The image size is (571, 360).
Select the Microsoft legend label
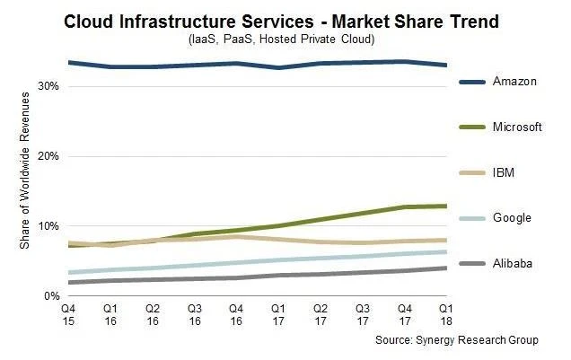click(517, 127)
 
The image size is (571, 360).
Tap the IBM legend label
click(505, 172)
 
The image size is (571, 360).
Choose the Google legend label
click(512, 218)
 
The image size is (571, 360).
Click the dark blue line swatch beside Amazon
click(472, 82)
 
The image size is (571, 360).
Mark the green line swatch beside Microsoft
click(472, 127)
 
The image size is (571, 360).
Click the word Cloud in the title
click(92, 21)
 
